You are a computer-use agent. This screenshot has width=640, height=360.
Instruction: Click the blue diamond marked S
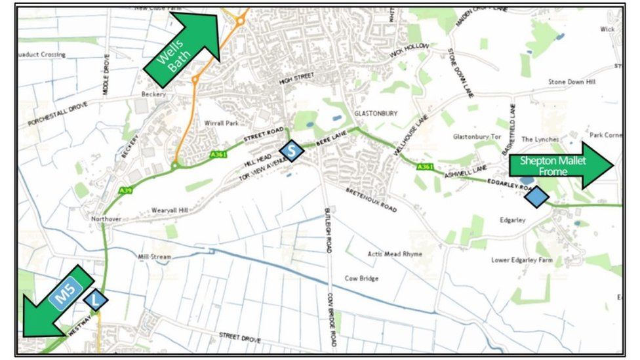(x=292, y=151)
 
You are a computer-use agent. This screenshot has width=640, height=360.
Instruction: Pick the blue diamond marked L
(x=96, y=300)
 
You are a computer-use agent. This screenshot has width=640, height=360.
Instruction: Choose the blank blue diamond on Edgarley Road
(x=537, y=196)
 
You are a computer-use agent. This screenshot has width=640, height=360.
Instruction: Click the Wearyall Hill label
(x=169, y=210)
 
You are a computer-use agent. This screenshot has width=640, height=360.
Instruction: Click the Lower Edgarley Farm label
(x=523, y=260)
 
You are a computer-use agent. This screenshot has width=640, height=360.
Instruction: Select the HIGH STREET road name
(x=293, y=81)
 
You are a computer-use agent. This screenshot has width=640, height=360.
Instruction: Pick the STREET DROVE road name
(x=239, y=337)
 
